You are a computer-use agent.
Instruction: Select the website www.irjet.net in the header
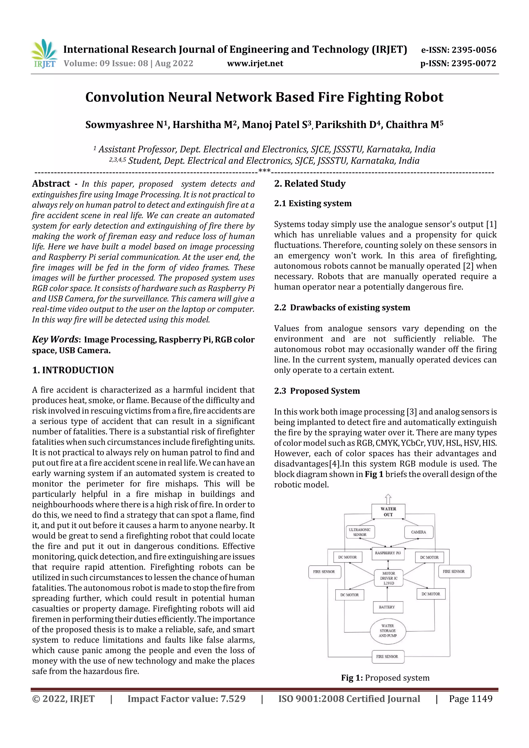coord(255,64)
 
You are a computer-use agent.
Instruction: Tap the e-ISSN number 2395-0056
coord(474,50)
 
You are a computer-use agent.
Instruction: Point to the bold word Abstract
coord(51,184)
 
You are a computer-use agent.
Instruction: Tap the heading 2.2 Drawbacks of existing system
coord(342,308)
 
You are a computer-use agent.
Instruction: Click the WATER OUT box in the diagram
coord(388,511)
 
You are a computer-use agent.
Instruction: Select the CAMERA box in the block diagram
coord(418,532)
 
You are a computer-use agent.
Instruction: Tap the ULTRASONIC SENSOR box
coord(360,532)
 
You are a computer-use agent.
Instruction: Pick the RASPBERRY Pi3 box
coord(388,553)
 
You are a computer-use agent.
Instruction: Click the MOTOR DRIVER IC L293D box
coord(388,578)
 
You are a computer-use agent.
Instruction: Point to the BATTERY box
coord(387,607)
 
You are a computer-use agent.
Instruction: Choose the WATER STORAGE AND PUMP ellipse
coord(388,631)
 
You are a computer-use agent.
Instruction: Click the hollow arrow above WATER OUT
coord(388,499)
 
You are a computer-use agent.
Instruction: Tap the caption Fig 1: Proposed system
coord(385,678)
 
